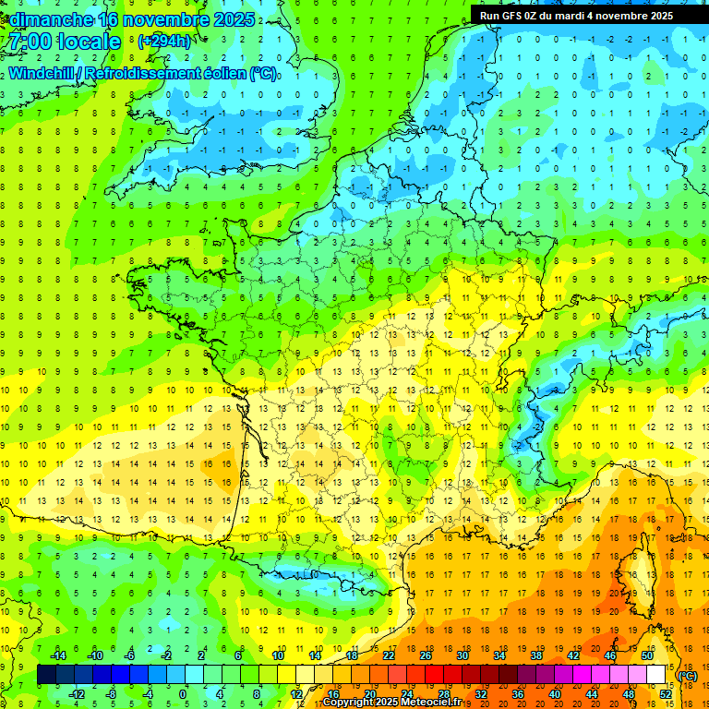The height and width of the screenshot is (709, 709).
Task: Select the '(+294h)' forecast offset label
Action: pyautogui.click(x=163, y=42)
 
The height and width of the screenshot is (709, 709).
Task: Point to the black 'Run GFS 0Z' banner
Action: pyautogui.click(x=576, y=15)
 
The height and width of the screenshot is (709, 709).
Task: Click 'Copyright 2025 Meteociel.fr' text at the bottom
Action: pyautogui.click(x=391, y=702)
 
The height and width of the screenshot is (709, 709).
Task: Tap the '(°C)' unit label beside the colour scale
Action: pyautogui.click(x=686, y=675)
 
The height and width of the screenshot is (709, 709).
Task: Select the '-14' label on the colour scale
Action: pyautogui.click(x=58, y=655)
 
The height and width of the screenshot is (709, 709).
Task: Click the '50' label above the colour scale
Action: pyautogui.click(x=647, y=655)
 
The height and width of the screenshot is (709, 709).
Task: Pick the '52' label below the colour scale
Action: pyautogui.click(x=665, y=693)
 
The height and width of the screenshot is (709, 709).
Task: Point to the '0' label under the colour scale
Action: pyautogui.click(x=182, y=693)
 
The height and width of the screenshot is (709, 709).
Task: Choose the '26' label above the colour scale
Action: pyautogui.click(x=426, y=655)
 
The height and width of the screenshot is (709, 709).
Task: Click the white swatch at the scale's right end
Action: pyautogui.click(x=656, y=675)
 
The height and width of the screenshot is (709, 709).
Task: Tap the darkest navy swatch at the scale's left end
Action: pyautogui.click(x=46, y=675)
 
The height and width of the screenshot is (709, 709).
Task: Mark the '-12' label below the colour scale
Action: pyautogui.click(x=77, y=693)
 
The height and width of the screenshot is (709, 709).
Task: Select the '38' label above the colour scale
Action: pyautogui.click(x=536, y=655)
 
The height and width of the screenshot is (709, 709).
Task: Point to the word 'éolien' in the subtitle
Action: pyautogui.click(x=222, y=72)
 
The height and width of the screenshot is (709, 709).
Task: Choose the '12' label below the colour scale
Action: pyautogui.click(x=296, y=693)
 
